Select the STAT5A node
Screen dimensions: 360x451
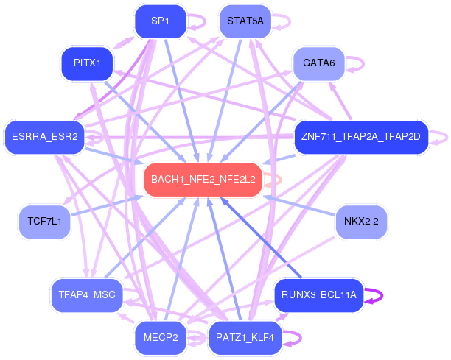245,21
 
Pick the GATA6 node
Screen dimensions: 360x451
318,63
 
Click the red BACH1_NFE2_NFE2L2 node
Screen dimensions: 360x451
203,180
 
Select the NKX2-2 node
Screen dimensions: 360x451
361,221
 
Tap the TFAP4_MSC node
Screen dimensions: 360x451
87,295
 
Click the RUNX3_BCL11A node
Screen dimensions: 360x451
318,295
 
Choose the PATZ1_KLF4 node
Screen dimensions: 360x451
245,338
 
